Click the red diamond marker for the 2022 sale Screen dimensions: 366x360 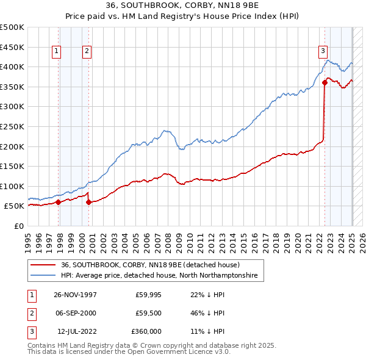(325, 82)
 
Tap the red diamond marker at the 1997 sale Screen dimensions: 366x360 (59, 202)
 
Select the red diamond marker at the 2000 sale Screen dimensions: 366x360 (88, 202)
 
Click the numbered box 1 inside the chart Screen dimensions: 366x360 (56, 52)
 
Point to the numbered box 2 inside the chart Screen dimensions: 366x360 (87, 52)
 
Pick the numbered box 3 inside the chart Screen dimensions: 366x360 (323, 52)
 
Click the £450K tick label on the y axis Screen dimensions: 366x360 (12, 48)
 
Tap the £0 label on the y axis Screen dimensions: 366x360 (19, 226)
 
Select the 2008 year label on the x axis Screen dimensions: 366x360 (168, 243)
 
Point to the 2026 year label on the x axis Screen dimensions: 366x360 (362, 243)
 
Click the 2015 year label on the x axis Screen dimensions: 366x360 (243, 243)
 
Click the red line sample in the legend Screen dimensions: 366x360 (43, 265)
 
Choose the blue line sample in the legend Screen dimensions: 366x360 (43, 275)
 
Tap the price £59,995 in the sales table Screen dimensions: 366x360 (148, 295)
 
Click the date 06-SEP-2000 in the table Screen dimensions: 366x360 (76, 313)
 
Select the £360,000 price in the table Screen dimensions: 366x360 (146, 331)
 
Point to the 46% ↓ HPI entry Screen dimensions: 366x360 (207, 313)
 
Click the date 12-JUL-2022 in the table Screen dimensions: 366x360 (77, 331)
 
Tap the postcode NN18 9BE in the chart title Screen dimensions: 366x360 (238, 5)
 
